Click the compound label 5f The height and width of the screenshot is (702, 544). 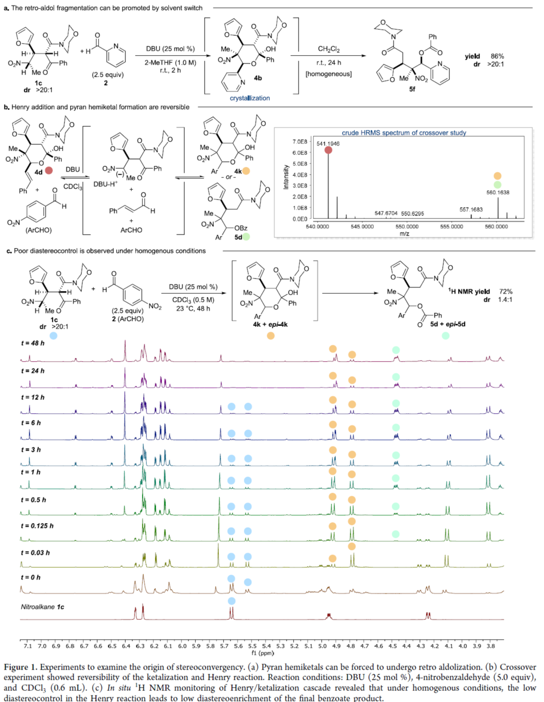click(x=412, y=89)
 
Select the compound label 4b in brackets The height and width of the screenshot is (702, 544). click(x=257, y=78)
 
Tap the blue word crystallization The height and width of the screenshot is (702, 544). click(x=250, y=98)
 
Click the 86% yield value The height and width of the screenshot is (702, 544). click(x=497, y=56)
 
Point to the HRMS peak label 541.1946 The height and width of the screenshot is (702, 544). click(x=328, y=144)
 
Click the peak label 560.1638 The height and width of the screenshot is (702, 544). click(x=498, y=193)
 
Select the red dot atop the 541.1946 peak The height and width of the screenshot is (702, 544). click(x=328, y=150)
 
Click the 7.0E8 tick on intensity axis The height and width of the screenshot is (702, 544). click(x=300, y=142)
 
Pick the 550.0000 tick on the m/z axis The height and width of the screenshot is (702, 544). click(x=407, y=226)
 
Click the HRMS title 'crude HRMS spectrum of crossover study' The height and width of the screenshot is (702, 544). click(x=404, y=133)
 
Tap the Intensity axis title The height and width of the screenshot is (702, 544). click(x=286, y=177)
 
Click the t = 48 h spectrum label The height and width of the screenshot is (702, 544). click(x=33, y=343)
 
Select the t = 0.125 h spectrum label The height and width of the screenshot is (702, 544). click(x=37, y=526)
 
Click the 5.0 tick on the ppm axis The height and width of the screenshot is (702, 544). click(x=322, y=646)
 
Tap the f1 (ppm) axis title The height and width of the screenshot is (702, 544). click(x=263, y=653)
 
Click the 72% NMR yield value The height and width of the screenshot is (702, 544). click(x=506, y=292)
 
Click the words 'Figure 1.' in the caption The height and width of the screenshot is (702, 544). click(x=21, y=667)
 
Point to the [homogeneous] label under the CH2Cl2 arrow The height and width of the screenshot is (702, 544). click(x=329, y=74)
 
